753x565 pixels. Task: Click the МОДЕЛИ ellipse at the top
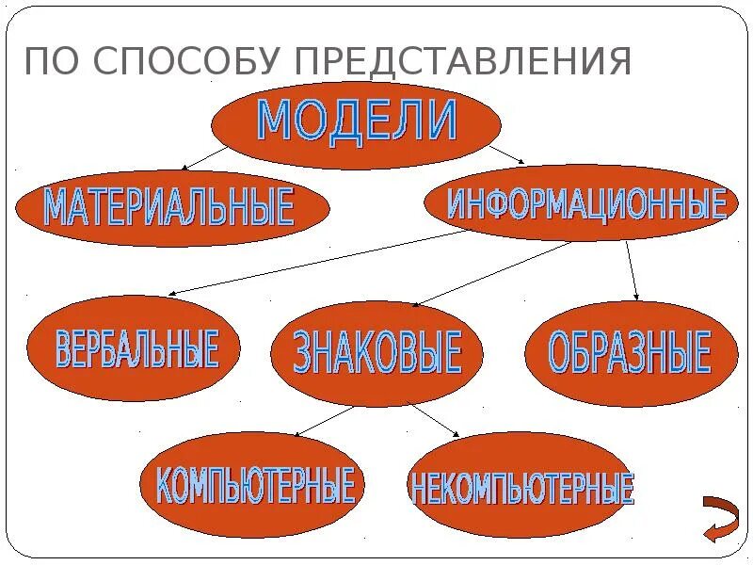click(356, 123)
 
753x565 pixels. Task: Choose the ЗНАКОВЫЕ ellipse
click(376, 353)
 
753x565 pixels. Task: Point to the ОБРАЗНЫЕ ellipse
click(629, 353)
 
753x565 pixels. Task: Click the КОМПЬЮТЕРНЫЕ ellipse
click(254, 484)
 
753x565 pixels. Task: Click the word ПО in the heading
click(53, 62)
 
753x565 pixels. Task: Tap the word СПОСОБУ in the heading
click(184, 62)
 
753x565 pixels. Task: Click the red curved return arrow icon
click(720, 517)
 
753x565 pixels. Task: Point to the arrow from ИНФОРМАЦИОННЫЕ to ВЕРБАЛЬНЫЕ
click(320, 263)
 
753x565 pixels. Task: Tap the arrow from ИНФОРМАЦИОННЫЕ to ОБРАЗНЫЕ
click(633, 271)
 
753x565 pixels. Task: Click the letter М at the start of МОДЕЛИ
click(274, 121)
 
